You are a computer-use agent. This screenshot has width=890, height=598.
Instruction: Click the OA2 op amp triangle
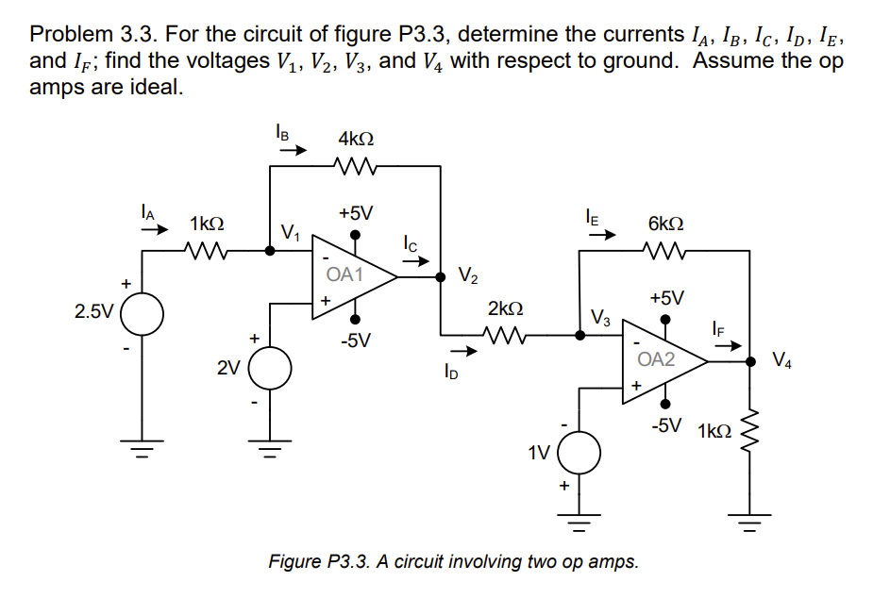[661, 359]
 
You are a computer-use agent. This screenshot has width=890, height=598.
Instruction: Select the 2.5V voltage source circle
[142, 311]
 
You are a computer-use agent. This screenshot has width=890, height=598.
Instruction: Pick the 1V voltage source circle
[577, 452]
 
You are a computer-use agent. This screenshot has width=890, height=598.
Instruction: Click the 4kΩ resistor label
[355, 139]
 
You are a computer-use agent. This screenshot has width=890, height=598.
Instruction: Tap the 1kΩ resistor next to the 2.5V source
[207, 252]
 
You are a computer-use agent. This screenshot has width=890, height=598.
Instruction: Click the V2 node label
[467, 276]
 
